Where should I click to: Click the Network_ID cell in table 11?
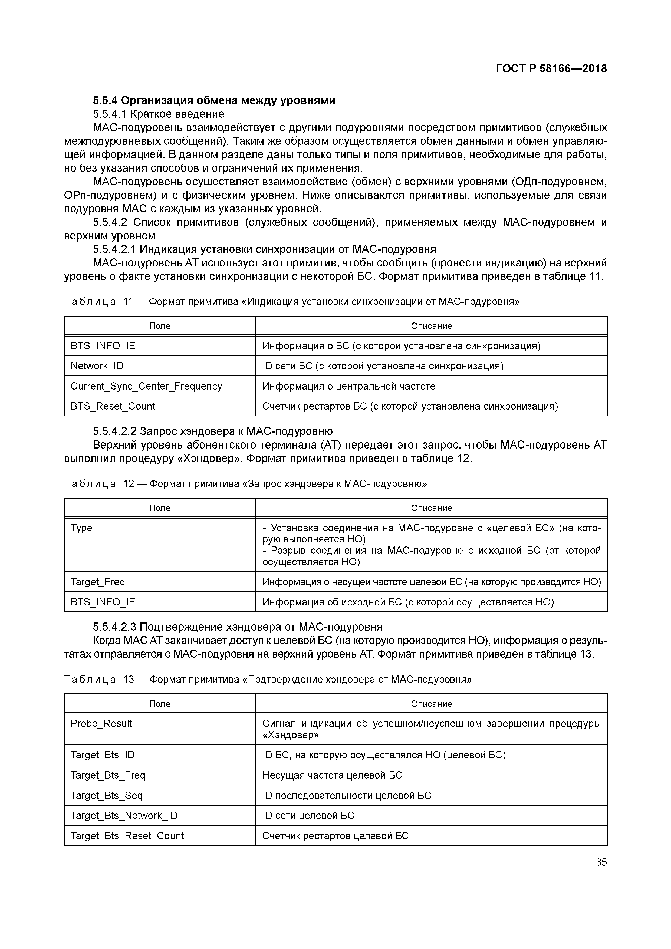click(x=97, y=366)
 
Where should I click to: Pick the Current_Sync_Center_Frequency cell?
click(x=146, y=386)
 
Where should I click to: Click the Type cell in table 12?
click(x=81, y=528)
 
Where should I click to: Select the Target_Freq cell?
click(x=98, y=582)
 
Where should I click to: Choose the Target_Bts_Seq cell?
click(x=107, y=795)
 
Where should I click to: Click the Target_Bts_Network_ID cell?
click(x=124, y=815)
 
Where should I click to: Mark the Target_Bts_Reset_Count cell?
click(x=127, y=835)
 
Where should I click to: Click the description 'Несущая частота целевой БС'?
click(x=332, y=775)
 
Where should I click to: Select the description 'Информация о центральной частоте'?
click(x=348, y=386)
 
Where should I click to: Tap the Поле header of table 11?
click(x=160, y=326)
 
